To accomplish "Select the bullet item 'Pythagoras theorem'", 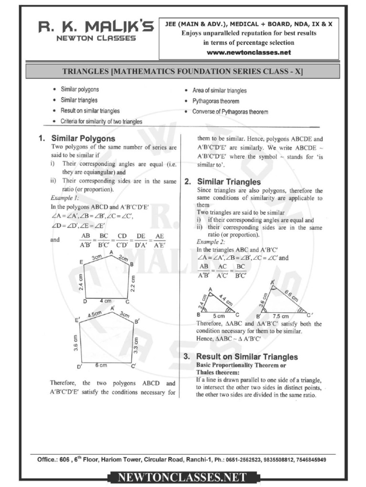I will (x=215, y=101).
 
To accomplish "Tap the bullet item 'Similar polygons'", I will (x=80, y=89).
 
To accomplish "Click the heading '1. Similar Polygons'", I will (x=77, y=139).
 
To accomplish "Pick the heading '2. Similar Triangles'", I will (x=223, y=182).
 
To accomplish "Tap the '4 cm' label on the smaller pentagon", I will (x=105, y=301).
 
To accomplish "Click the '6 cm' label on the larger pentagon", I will (x=101, y=365).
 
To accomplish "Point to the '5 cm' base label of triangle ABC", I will (x=219, y=316).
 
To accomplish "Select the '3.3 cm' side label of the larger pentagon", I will (x=136, y=344).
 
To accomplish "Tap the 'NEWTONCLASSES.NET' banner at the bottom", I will (x=183, y=477).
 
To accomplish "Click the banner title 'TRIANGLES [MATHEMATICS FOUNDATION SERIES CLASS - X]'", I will (x=183, y=71).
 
